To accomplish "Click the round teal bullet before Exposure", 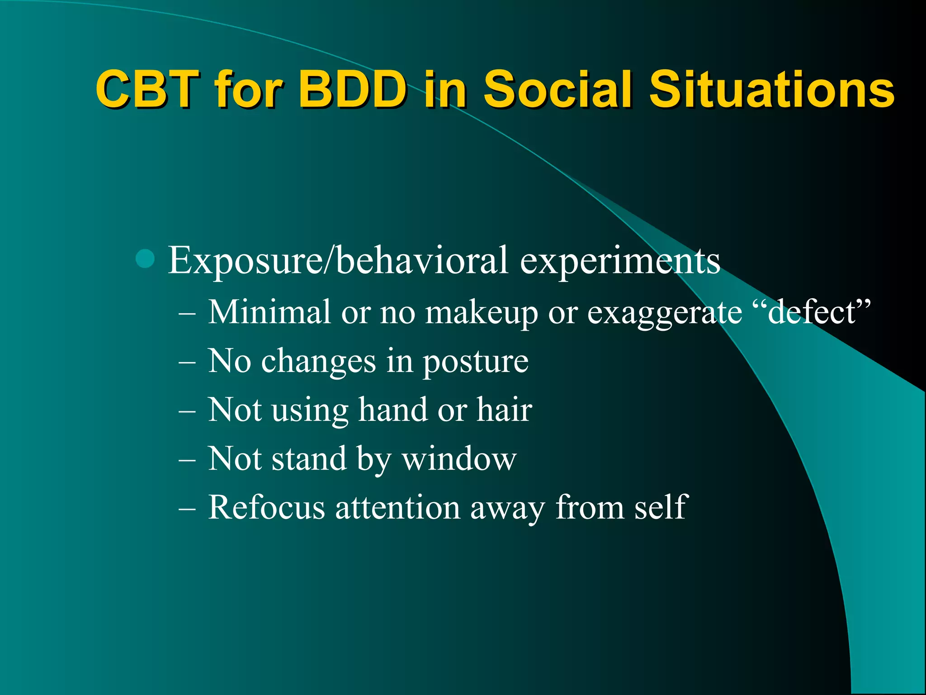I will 145,259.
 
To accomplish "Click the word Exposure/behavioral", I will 338,261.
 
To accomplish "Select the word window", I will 459,459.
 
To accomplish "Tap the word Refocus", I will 266,507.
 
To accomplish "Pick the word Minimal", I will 269,312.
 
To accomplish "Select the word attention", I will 397,507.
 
